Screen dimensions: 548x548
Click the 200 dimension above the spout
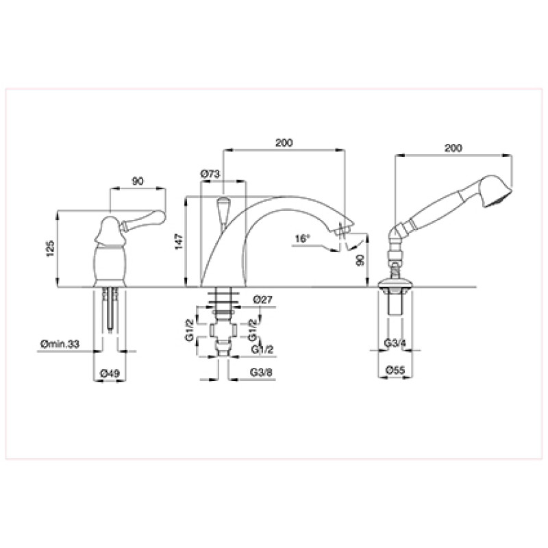pyautogui.click(x=284, y=142)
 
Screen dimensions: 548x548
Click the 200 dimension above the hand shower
pyautogui.click(x=453, y=148)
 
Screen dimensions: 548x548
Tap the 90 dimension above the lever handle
pyautogui.click(x=138, y=182)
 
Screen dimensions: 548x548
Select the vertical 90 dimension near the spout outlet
pyautogui.click(x=360, y=260)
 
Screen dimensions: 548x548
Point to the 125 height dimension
pyautogui.click(x=50, y=249)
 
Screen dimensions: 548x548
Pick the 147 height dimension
pyautogui.click(x=179, y=242)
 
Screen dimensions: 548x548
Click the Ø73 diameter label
pyautogui.click(x=210, y=174)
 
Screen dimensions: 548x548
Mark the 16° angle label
pyautogui.click(x=303, y=238)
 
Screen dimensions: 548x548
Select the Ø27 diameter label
pyautogui.click(x=262, y=299)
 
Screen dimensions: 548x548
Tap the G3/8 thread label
pyautogui.click(x=261, y=372)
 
